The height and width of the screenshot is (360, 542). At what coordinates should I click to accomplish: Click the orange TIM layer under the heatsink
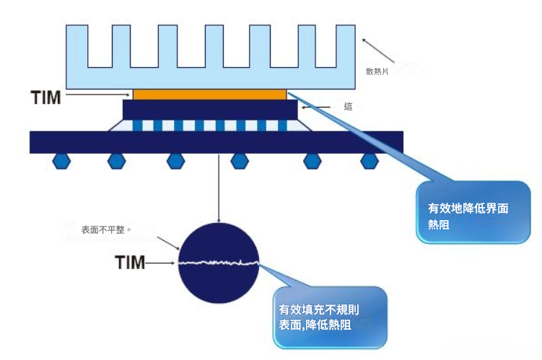coord(209,94)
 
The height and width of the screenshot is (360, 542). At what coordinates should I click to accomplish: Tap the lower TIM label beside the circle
coord(131,263)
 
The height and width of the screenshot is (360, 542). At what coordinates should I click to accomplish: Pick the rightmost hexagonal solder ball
coord(370,160)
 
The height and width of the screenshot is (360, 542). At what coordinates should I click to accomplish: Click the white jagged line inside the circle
coord(219,263)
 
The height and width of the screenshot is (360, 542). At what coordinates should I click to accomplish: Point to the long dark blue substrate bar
coord(216,142)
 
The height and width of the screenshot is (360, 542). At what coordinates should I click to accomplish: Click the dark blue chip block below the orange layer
coord(209,110)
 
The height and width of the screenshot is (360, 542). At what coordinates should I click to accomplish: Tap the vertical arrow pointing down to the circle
coord(219,188)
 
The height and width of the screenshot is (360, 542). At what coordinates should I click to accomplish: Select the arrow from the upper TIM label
coord(97,95)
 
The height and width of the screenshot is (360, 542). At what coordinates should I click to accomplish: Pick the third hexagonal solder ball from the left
coord(174,160)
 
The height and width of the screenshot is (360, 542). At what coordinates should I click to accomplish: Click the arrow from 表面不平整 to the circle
coord(169,244)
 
